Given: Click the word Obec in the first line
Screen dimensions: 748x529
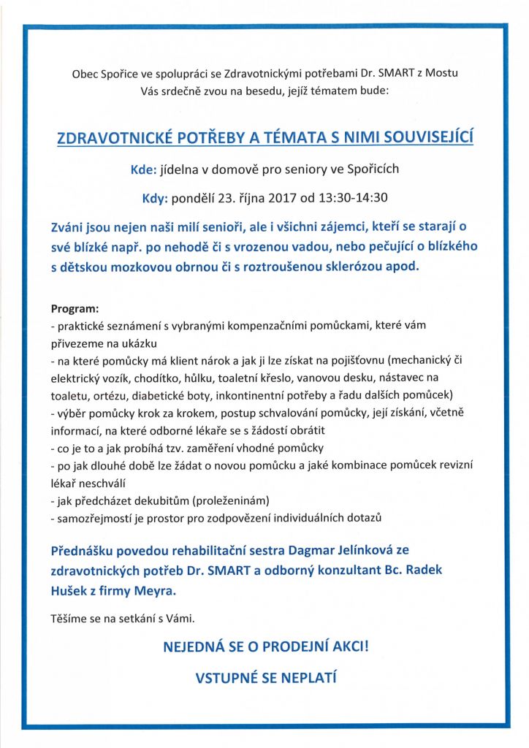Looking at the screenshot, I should (84, 74).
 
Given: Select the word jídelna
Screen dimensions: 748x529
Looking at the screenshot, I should (182, 169).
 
